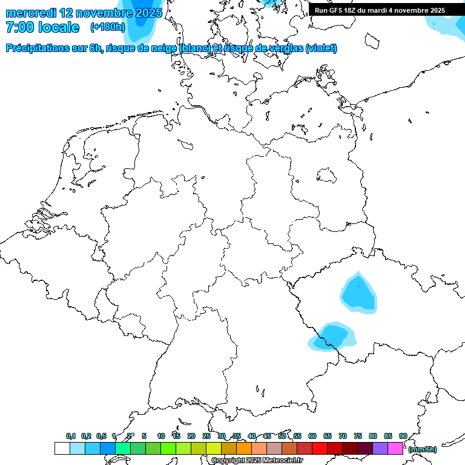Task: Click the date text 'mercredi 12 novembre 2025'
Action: point(84,13)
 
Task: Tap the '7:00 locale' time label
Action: point(42,27)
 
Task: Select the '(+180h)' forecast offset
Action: point(108,27)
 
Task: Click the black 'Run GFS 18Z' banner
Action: point(380,10)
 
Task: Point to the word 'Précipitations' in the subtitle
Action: point(36,48)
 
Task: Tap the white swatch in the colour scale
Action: point(62,449)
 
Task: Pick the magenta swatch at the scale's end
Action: point(395,449)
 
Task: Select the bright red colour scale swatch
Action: point(320,449)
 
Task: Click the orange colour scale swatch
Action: point(244,449)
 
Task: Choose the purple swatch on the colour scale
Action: point(380,449)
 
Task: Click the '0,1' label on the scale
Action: point(71,436)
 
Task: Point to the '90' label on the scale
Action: point(403,436)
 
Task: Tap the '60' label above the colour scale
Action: point(312,436)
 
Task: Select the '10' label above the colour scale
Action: point(161,436)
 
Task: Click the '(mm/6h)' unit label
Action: point(423,449)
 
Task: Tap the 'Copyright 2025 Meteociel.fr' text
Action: point(257,460)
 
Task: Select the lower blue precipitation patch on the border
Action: point(332,337)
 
